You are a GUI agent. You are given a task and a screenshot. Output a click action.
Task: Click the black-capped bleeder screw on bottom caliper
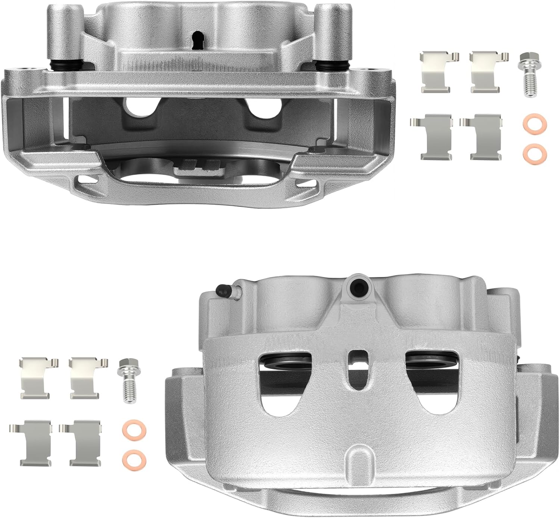pos(221,291)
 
